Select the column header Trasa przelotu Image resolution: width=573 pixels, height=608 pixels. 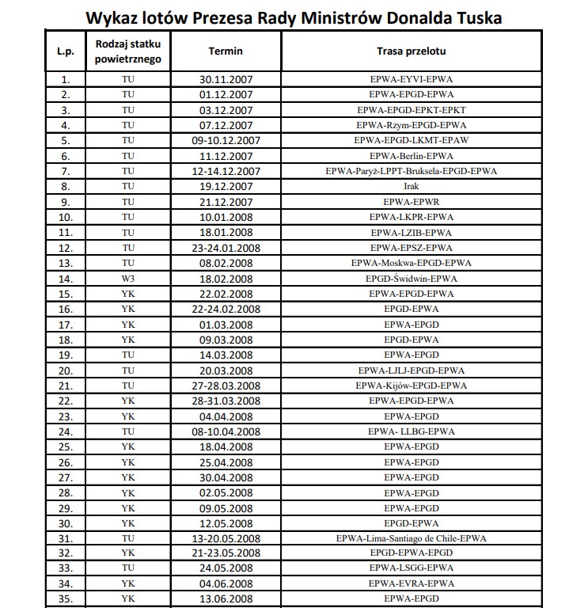[x=411, y=51]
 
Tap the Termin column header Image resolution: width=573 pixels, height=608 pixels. [x=226, y=51]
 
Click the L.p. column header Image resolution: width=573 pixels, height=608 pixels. [x=66, y=51]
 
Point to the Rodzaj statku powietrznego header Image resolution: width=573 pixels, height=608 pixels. [x=127, y=51]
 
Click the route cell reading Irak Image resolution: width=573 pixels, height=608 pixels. [x=411, y=187]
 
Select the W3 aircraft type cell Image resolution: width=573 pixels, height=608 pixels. [x=127, y=279]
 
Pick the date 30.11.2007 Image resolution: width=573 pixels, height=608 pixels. [x=226, y=79]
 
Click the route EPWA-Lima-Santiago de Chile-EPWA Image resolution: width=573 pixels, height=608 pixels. [x=411, y=538]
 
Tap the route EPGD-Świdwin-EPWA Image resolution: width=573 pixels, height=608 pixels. [x=411, y=279]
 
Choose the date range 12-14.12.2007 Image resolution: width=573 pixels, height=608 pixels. [x=226, y=171]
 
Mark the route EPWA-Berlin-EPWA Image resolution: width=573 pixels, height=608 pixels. [x=411, y=156]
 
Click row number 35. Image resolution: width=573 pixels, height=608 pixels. [x=66, y=599]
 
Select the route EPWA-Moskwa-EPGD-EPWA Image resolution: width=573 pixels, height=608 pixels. [x=411, y=263]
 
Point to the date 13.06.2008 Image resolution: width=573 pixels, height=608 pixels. [x=226, y=599]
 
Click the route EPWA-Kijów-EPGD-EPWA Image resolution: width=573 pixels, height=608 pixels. [x=411, y=386]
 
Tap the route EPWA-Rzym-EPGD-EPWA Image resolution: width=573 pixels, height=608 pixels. [x=411, y=125]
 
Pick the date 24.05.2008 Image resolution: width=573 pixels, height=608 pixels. [x=226, y=568]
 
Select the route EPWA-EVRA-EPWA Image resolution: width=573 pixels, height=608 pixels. [x=411, y=584]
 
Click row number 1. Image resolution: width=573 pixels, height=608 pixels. [x=66, y=79]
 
